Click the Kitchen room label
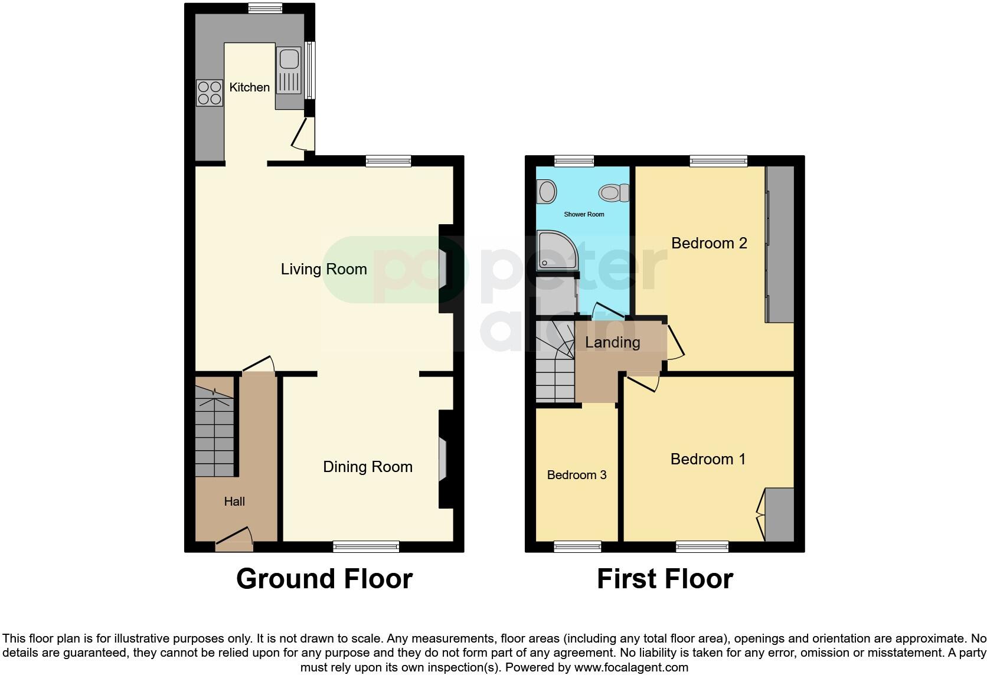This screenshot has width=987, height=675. click(x=249, y=87)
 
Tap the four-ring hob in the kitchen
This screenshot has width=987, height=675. click(x=210, y=93)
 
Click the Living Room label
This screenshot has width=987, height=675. click(x=323, y=270)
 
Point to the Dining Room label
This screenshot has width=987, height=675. click(x=367, y=467)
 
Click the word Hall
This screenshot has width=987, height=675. click(x=234, y=502)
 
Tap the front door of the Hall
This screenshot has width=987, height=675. click(x=234, y=540)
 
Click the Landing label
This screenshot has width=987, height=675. click(x=612, y=343)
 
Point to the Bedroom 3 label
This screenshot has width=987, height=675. click(x=577, y=475)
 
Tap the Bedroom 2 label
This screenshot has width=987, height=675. click(x=709, y=243)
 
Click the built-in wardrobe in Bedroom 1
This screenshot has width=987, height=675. click(x=779, y=515)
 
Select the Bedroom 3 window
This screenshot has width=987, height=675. click(x=577, y=547)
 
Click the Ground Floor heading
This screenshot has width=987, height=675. click(x=324, y=579)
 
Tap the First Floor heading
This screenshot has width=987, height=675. click(x=665, y=579)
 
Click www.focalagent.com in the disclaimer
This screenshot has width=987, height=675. click(x=631, y=668)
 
